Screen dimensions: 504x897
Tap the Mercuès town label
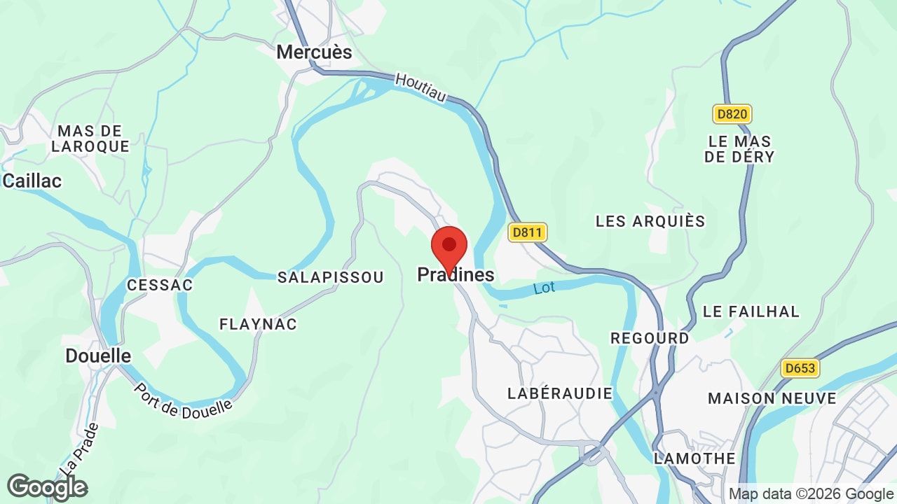314,52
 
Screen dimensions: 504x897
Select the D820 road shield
732,114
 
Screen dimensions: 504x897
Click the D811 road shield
528,232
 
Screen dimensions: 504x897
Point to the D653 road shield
801,368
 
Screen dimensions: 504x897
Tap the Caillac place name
32,181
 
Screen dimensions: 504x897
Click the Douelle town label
98,356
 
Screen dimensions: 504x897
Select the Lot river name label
544,288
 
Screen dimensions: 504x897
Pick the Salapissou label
331,278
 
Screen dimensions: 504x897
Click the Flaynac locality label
258,324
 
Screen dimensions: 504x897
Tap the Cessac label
160,286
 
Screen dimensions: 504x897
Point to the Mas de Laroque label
90,139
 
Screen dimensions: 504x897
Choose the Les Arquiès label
650,221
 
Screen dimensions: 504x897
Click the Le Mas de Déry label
739,149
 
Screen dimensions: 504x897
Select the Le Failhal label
751,311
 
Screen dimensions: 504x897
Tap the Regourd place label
650,338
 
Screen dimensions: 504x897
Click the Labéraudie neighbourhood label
560,393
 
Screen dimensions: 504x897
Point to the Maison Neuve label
772,398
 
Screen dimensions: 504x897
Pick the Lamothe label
694,458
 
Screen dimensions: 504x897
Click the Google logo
48,487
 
